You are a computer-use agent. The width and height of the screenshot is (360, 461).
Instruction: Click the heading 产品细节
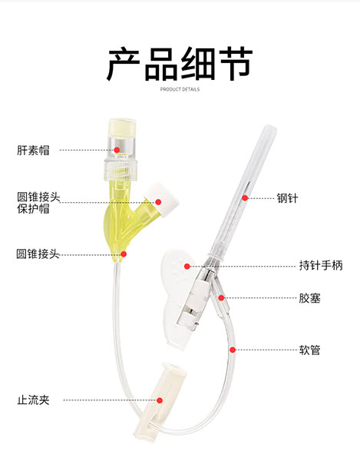[x=180, y=65]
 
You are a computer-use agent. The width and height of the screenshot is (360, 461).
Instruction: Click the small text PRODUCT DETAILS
[x=180, y=89]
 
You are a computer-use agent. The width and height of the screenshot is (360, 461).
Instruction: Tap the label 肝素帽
[x=33, y=151]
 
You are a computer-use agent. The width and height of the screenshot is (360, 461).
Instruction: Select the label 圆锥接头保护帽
[x=38, y=203]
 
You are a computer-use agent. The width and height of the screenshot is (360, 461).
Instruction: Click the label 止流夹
[x=33, y=400]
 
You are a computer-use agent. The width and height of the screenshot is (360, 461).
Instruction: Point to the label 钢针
[x=288, y=198]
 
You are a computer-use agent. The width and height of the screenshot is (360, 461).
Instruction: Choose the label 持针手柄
[x=321, y=266]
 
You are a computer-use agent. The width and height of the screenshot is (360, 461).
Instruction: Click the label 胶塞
[x=310, y=298]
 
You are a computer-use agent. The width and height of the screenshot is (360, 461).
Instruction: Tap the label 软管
[x=310, y=350]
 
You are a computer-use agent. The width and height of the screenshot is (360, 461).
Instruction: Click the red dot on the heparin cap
[x=117, y=150]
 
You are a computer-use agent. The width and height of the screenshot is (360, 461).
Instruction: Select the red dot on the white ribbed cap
[x=158, y=202]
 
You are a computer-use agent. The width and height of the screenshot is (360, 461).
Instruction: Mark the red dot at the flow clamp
[x=160, y=400]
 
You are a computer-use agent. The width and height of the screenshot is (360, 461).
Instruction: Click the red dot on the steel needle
[x=245, y=198]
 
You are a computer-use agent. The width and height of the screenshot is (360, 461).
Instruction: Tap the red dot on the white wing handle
[x=187, y=267]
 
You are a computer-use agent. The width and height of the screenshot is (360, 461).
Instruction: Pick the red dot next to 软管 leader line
[x=233, y=350]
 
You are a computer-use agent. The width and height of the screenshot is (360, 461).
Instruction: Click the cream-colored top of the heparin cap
[x=122, y=128]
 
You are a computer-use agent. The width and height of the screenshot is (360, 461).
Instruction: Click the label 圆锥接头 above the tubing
[x=38, y=254]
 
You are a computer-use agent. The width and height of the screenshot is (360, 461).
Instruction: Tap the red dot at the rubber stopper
[x=221, y=298]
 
